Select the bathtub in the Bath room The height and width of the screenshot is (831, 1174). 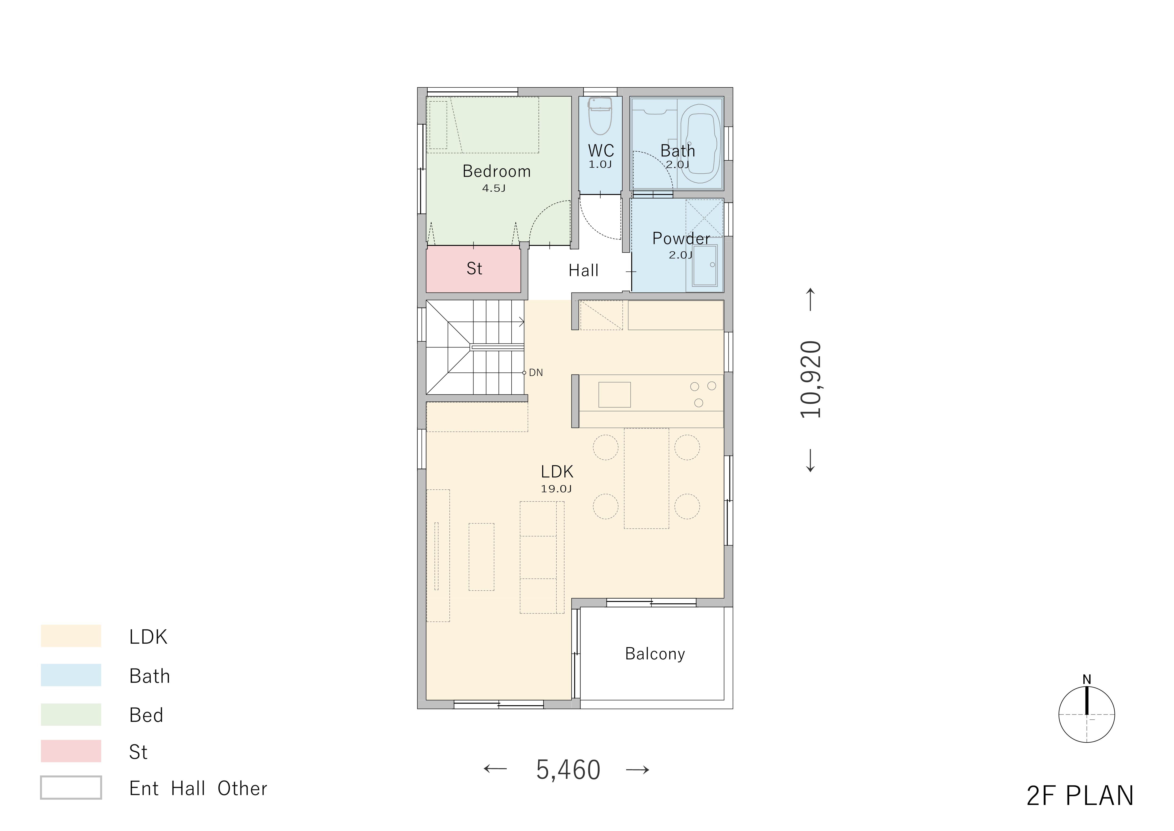pos(700,144)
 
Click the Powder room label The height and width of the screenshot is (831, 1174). pos(681,239)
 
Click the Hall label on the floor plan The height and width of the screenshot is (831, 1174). pos(583,271)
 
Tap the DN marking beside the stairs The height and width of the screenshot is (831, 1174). pos(536,373)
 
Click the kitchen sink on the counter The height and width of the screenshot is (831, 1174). pos(614,394)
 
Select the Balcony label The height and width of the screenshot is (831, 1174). pos(655,654)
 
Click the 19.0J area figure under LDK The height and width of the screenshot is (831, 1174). pos(556,489)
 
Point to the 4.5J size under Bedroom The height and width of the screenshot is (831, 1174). pos(494,188)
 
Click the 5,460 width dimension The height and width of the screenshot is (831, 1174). pos(568,770)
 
